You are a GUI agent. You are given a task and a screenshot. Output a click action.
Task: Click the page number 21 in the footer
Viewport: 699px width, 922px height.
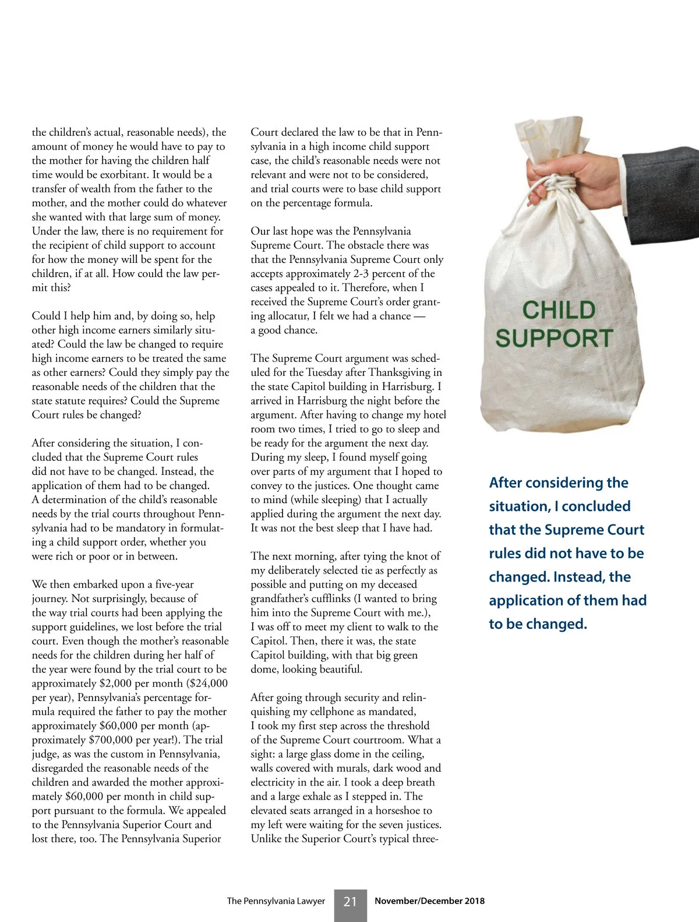[x=350, y=902]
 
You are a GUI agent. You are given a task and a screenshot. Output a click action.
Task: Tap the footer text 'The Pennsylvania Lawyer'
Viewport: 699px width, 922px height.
[x=276, y=901]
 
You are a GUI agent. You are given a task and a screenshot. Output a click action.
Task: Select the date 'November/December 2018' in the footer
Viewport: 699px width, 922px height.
[x=429, y=901]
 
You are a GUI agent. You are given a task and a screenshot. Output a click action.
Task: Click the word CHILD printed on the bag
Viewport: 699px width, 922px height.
[x=559, y=310]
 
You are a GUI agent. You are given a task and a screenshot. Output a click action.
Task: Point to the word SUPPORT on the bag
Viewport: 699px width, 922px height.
[x=554, y=338]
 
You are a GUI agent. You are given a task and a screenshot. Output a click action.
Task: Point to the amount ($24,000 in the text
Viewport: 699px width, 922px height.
[x=204, y=683]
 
